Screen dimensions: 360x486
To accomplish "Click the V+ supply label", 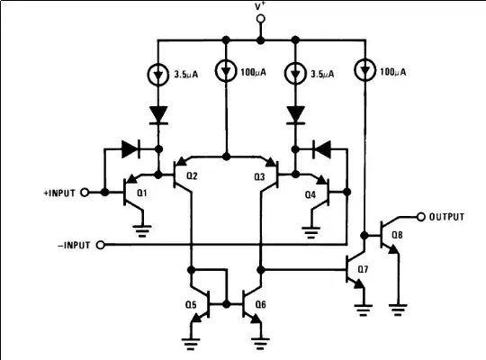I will pos(260,8).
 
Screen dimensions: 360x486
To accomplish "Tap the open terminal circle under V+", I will pos(260,27).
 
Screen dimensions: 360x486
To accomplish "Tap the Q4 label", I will pos(310,193).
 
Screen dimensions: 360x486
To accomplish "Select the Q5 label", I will pos(189,304).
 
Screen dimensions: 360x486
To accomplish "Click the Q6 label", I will pos(260,304).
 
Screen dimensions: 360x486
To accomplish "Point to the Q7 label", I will pos(363,269).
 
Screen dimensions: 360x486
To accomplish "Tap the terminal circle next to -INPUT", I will pos(100,245).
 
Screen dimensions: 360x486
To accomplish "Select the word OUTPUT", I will pos(448,216).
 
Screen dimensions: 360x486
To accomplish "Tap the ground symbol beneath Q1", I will pos(143,230).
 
